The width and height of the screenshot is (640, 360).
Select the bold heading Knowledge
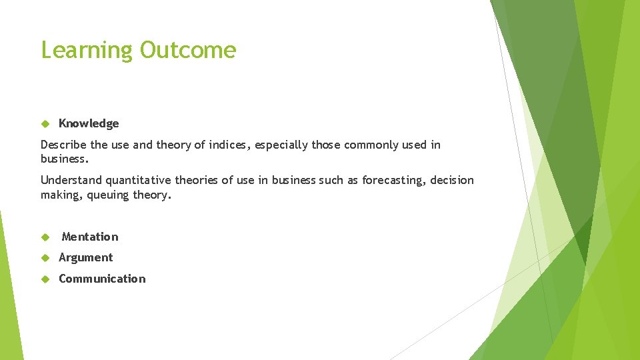[89, 123]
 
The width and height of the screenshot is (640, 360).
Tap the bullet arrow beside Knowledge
[45, 123]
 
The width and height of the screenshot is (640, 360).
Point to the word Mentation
[90, 237]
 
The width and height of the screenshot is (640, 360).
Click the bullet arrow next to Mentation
[45, 237]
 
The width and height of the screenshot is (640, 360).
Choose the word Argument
[86, 257]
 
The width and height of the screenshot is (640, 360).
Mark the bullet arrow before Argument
[45, 257]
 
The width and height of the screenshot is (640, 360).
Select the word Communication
[102, 279]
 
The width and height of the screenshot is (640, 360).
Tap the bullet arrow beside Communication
[45, 279]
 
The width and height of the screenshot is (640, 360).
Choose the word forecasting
[393, 180]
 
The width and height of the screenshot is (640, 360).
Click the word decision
[452, 180]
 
